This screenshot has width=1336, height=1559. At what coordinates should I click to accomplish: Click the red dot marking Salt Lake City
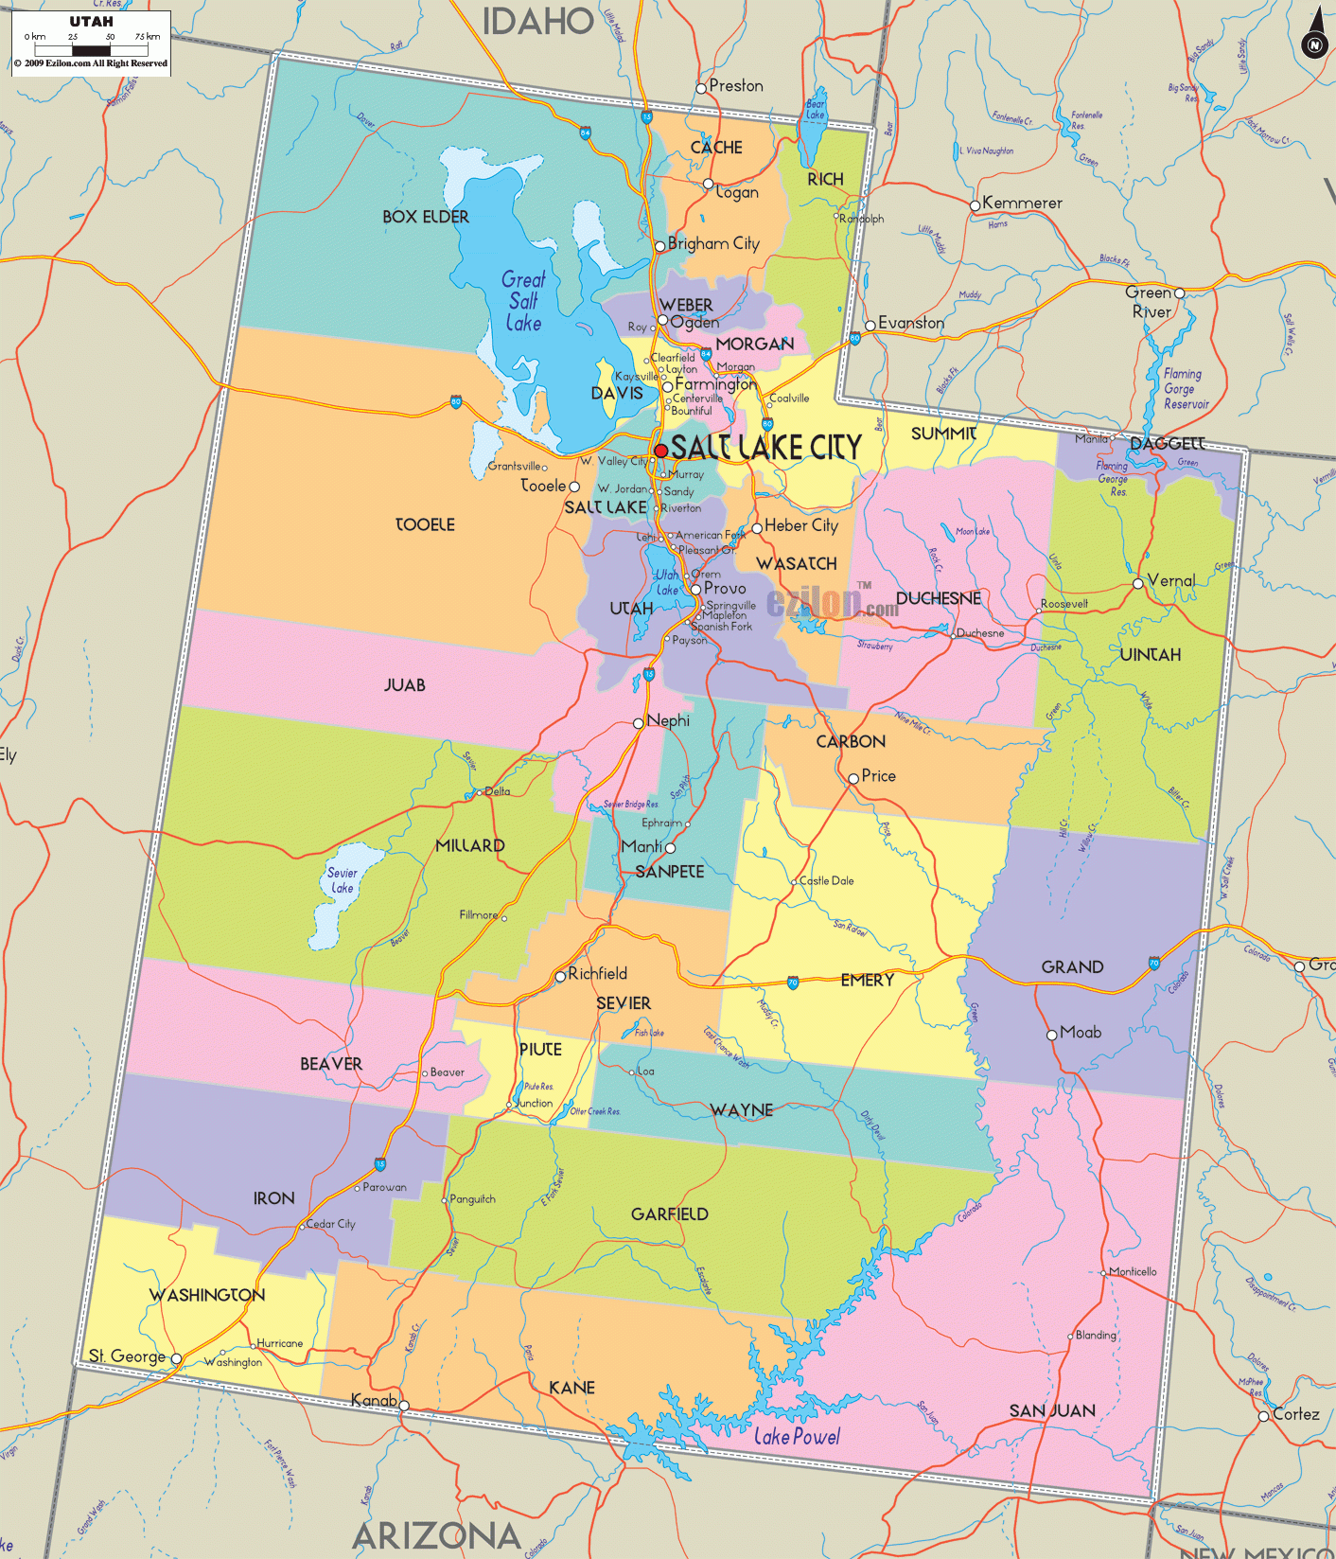(x=660, y=451)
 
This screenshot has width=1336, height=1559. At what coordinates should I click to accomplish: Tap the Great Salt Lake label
(x=523, y=301)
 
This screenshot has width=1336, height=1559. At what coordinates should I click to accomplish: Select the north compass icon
(x=1314, y=43)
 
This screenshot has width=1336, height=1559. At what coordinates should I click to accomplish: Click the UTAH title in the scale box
(x=91, y=21)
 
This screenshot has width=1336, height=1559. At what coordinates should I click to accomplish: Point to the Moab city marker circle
(x=1051, y=1035)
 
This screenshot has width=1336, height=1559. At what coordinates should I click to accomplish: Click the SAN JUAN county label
(x=1052, y=1410)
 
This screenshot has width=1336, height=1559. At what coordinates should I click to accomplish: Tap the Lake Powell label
(x=797, y=1437)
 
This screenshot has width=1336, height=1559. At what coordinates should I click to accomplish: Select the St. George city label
(x=127, y=1355)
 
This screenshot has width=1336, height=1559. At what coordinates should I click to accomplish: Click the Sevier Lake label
(x=342, y=880)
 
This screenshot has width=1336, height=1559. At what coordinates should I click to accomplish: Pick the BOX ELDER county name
(x=426, y=217)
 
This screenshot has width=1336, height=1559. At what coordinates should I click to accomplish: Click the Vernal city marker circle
(x=1137, y=583)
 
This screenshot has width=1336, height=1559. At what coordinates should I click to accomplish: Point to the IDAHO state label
(x=537, y=21)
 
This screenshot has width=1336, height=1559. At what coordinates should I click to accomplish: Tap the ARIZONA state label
(x=437, y=1534)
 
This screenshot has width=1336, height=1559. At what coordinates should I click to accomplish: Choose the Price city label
(x=878, y=775)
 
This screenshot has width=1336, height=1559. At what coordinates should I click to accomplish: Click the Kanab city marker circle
(x=404, y=1406)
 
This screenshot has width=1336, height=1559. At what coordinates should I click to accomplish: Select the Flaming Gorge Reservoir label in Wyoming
(x=1186, y=389)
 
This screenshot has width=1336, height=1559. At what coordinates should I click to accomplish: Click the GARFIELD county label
(x=669, y=1214)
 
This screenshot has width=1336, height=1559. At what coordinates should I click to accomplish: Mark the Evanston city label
(x=910, y=323)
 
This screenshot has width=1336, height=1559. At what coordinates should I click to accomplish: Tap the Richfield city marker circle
(x=560, y=975)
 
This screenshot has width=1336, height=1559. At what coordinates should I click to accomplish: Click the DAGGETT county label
(x=1167, y=443)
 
